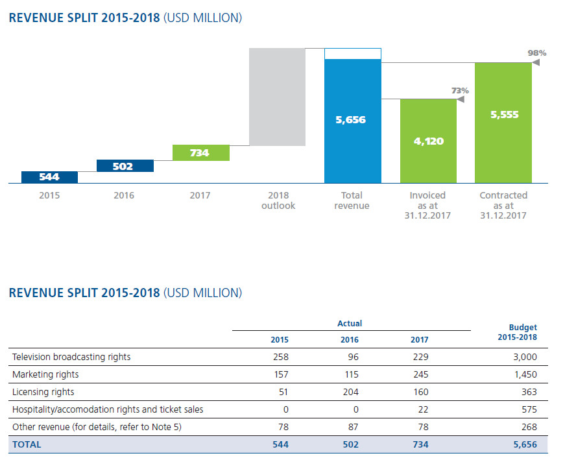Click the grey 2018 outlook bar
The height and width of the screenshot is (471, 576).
(277, 97)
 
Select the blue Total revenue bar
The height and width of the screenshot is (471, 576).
(352, 121)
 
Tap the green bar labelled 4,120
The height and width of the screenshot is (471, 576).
(427, 141)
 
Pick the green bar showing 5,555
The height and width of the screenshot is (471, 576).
(503, 123)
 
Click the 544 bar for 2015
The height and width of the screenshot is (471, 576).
(49, 177)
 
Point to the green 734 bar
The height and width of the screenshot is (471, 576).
(200, 152)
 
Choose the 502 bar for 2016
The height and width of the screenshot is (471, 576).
(125, 166)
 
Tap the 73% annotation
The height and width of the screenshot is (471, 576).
(459, 91)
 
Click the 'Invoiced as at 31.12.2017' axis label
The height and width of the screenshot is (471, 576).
(427, 205)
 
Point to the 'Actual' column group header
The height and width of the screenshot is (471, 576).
(350, 323)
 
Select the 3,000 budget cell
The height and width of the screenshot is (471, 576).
(524, 357)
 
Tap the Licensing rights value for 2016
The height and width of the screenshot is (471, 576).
(350, 392)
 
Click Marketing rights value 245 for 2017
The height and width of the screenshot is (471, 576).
(419, 374)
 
